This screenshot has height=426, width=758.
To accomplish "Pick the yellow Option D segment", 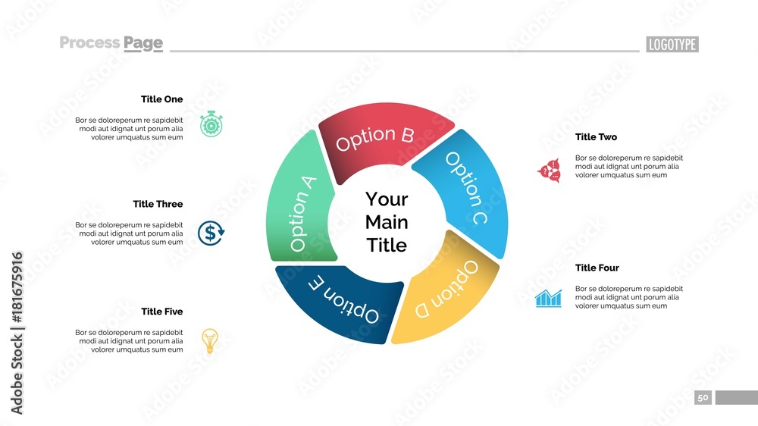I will [x=447, y=292].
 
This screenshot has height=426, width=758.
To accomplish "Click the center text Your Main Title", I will [x=387, y=222].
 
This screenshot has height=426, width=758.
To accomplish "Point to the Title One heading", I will [x=161, y=99].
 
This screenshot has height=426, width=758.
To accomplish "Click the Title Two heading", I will [x=596, y=137].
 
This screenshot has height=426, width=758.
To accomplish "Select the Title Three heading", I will [x=158, y=204].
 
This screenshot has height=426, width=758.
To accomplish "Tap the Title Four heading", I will [x=597, y=268].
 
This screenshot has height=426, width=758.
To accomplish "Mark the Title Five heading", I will [x=161, y=312].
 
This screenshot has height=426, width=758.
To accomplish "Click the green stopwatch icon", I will [x=211, y=124].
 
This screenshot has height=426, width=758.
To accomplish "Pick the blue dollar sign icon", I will [x=211, y=233].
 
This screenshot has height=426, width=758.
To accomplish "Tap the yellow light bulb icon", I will [x=210, y=340].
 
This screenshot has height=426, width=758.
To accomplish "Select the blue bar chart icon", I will [x=548, y=297].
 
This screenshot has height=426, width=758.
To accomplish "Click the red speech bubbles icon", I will [x=549, y=171].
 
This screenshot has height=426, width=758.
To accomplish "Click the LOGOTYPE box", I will [x=672, y=45].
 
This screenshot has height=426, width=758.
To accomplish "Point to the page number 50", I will [x=703, y=398].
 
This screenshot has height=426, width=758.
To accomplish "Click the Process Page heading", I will [x=111, y=43].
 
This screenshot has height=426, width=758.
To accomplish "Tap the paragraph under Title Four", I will [x=628, y=297].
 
